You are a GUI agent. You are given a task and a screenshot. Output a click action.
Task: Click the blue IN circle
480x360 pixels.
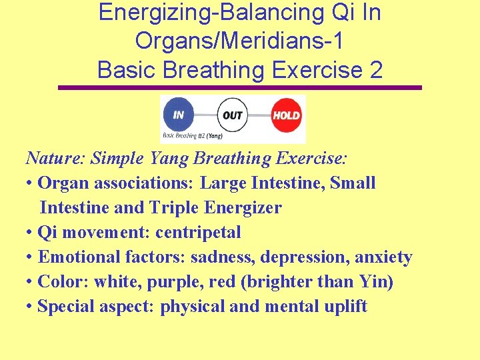[x=179, y=114]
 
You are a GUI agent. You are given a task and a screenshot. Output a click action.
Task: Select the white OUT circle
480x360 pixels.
[x=232, y=115]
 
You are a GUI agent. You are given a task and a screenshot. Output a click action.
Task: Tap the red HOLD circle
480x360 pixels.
[x=286, y=115]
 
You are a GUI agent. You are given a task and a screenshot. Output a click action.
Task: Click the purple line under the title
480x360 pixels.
[x=240, y=87]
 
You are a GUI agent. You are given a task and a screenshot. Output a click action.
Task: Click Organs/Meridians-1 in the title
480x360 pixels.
[x=240, y=41]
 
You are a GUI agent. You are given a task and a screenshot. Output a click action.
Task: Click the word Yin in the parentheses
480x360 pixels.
[x=375, y=282]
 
